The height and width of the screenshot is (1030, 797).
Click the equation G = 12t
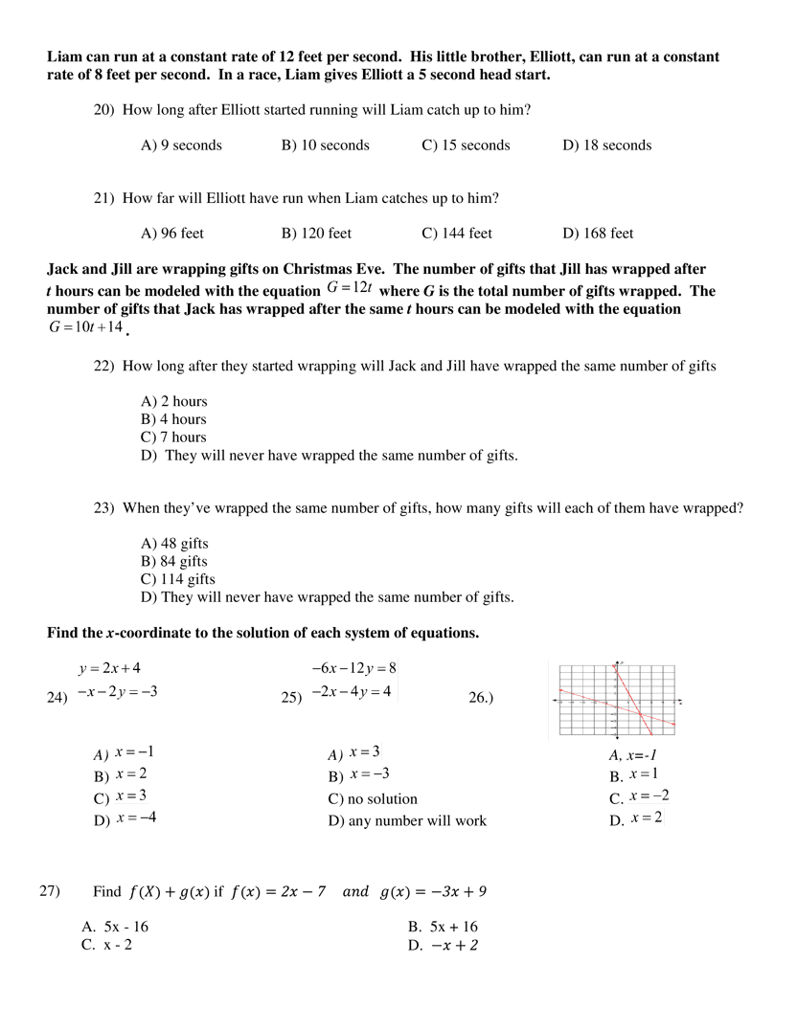350,287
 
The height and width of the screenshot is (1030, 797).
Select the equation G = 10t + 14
86,327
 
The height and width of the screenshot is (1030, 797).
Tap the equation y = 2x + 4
109,668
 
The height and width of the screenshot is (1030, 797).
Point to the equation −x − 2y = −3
118,691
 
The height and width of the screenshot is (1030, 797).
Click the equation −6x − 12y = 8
353,668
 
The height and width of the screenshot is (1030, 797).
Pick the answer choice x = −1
135,751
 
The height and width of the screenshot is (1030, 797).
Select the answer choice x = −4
136,817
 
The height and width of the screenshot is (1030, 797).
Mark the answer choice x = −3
370,773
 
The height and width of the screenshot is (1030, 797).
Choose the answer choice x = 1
644,773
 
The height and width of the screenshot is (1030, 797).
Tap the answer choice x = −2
649,795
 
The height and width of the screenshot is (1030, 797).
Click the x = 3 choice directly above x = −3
364,751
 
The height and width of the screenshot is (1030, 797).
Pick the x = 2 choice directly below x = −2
646,817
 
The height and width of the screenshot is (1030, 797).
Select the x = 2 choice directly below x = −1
131,773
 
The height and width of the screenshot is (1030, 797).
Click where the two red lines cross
638,712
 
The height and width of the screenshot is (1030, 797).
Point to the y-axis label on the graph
623,662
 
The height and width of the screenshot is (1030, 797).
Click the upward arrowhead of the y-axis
617,662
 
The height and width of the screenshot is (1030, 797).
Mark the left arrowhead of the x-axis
555,701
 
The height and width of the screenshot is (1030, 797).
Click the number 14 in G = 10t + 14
115,327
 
